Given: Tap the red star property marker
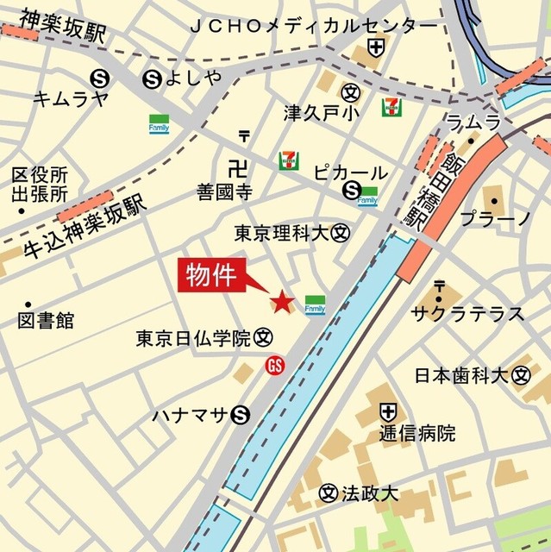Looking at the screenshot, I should point(281,302).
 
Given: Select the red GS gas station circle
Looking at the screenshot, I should point(275,365).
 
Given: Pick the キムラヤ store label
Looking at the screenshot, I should point(71,98).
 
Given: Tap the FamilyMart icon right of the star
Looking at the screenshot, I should point(314,304).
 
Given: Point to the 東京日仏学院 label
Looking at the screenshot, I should point(192,338).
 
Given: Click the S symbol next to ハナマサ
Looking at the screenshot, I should point(241,416).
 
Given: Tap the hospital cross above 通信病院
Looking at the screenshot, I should point(389,411).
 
